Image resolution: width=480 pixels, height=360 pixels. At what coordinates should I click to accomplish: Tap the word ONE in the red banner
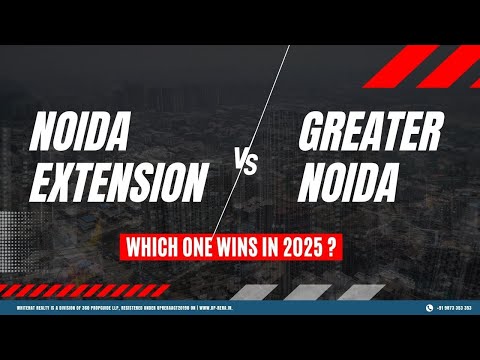[205, 245]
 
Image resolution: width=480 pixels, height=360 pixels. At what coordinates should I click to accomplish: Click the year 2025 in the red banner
[309, 245]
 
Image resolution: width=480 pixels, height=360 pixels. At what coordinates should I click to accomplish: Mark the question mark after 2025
[343, 245]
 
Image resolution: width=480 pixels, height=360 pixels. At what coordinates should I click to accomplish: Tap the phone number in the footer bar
[450, 307]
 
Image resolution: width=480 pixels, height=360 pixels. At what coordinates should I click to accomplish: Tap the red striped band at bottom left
[60, 289]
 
